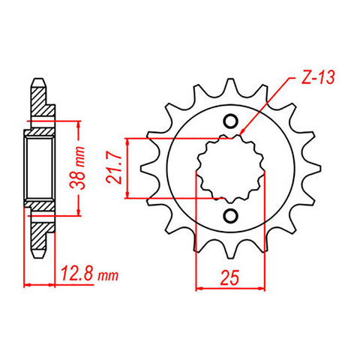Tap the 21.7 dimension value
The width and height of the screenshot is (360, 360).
(x=119, y=169)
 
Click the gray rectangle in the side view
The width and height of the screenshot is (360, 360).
(x=38, y=168)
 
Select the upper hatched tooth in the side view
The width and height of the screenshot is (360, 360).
(x=41, y=101)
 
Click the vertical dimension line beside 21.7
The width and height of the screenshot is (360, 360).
(x=132, y=169)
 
